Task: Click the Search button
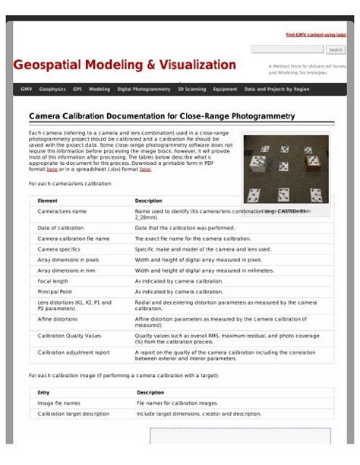point(336,49)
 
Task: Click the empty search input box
point(286,49)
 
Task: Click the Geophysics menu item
point(52,89)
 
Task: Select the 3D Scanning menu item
point(191,89)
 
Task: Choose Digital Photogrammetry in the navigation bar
point(144,89)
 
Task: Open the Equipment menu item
point(225,89)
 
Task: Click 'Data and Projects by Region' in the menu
point(276,89)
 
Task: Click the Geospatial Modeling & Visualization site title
point(125,65)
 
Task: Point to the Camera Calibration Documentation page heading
point(161,116)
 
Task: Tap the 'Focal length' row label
point(54,280)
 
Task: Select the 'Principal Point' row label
point(55,291)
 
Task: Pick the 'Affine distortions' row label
point(60,320)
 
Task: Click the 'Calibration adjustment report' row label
point(74,353)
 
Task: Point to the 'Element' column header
point(48,201)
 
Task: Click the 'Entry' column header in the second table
point(44,392)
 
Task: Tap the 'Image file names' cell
point(59,403)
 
